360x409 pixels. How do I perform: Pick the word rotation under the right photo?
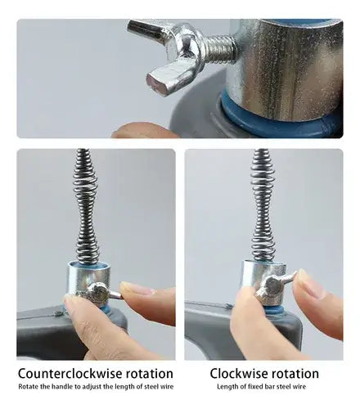(x=295, y=374)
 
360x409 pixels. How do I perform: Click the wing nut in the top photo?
(x=169, y=55)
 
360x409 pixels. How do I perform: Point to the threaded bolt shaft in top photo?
(x=218, y=50)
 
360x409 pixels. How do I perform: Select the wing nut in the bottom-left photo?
(x=101, y=294)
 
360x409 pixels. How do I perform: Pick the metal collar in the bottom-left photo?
(x=88, y=280)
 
